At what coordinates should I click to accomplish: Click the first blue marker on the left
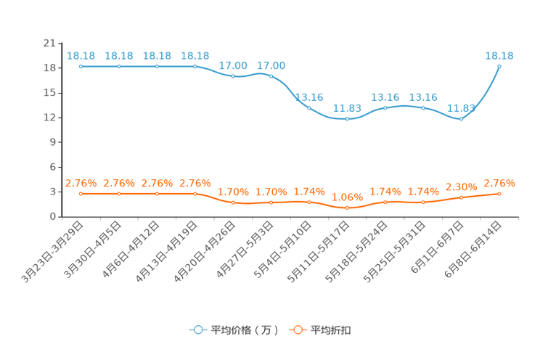pyautogui.click(x=81, y=66)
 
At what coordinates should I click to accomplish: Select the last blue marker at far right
pyautogui.click(x=499, y=66)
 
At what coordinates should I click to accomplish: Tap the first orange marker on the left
pyautogui.click(x=81, y=194)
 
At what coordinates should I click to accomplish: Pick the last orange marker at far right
pyautogui.click(x=499, y=193)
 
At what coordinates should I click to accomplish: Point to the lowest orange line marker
pyautogui.click(x=348, y=208)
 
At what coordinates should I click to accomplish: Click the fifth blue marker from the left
pyautogui.click(x=233, y=75)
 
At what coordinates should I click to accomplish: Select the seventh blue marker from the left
pyautogui.click(x=309, y=108)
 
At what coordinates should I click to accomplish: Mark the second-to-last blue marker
pyautogui.click(x=461, y=119)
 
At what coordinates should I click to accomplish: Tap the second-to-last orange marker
pyautogui.click(x=461, y=197)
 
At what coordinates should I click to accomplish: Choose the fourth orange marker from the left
pyautogui.click(x=195, y=194)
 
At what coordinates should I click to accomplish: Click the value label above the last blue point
pyautogui.click(x=499, y=55)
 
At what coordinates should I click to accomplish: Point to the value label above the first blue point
pyautogui.click(x=81, y=55)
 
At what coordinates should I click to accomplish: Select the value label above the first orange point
pyautogui.click(x=81, y=184)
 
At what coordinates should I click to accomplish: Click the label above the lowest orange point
pyautogui.click(x=348, y=197)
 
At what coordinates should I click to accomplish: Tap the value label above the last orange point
pyautogui.click(x=499, y=183)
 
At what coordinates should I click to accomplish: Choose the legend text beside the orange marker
pyautogui.click(x=332, y=330)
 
